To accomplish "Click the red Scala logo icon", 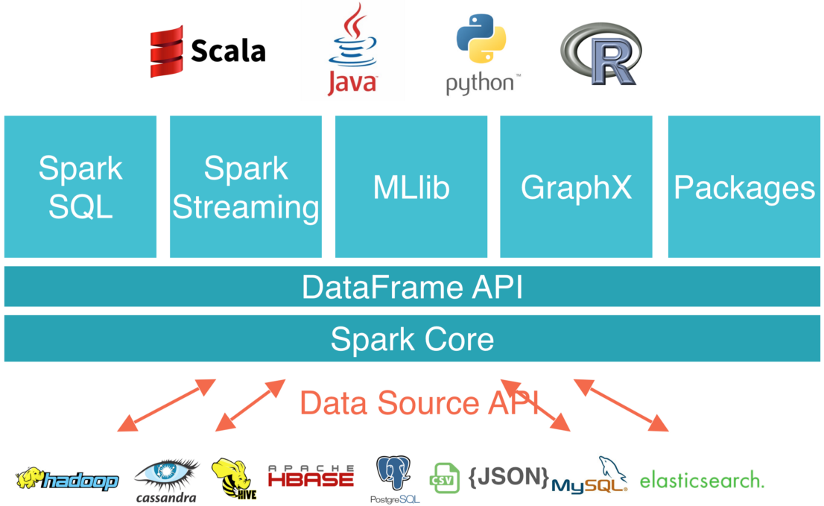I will (x=166, y=51).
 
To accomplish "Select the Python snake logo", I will (x=481, y=43).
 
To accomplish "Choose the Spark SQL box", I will (x=80, y=186).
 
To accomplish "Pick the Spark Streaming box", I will (x=246, y=186).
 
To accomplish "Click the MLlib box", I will (x=411, y=186).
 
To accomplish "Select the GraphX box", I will (x=576, y=186).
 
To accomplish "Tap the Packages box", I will (x=744, y=186).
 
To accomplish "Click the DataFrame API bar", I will (x=412, y=287).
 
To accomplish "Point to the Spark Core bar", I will (x=412, y=339).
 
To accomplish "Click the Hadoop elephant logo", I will (x=67, y=480).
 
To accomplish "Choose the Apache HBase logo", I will (x=311, y=476).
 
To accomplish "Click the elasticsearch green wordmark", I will (x=702, y=479).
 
